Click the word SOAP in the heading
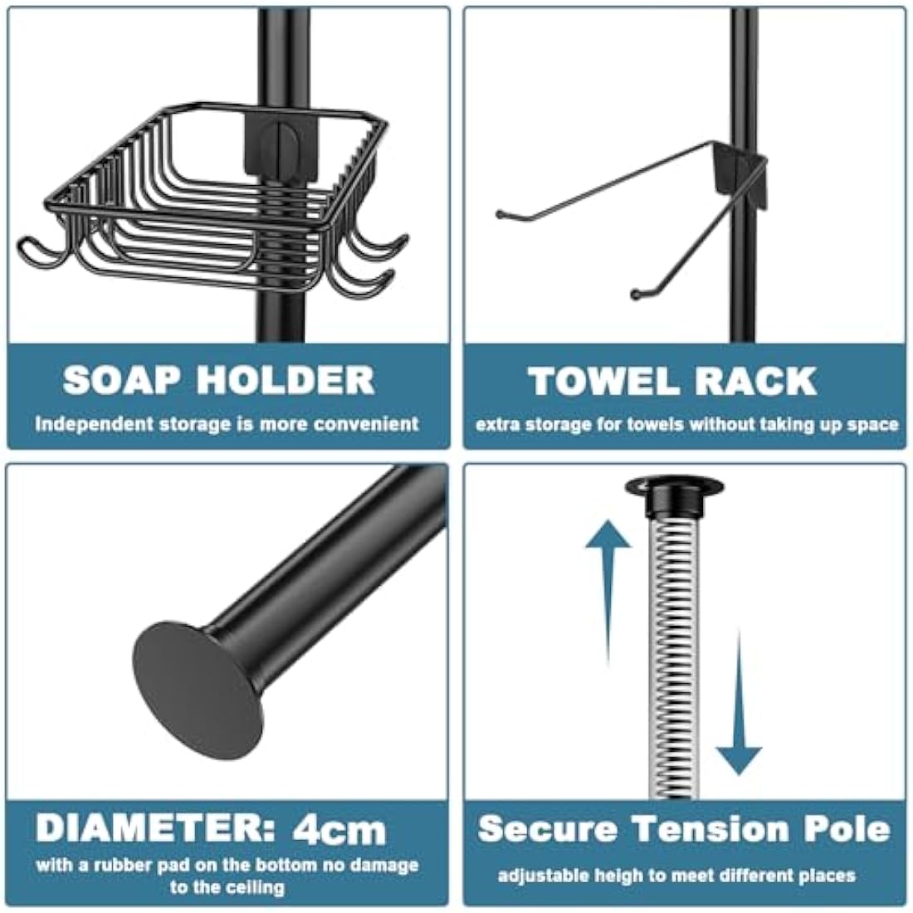[121, 380]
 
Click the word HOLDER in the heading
[286, 380]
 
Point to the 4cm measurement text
[339, 829]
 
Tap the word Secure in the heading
[548, 828]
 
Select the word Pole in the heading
[847, 828]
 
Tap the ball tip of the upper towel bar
[500, 215]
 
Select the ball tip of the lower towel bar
[636, 293]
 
